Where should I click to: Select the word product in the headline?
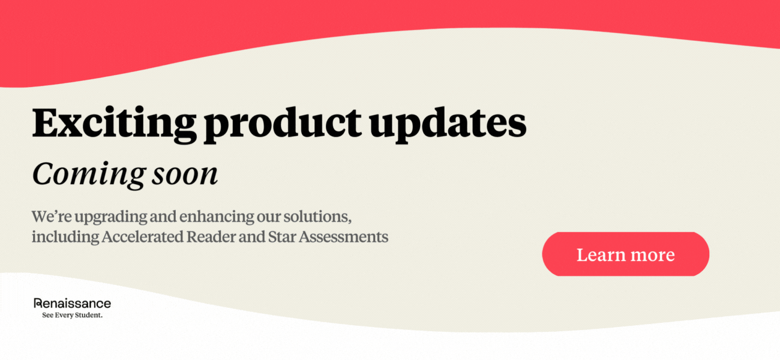283,125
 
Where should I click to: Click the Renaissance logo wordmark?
73,304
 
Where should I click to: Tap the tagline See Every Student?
73,316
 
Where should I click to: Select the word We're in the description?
52,217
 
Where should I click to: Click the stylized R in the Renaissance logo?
38,303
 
